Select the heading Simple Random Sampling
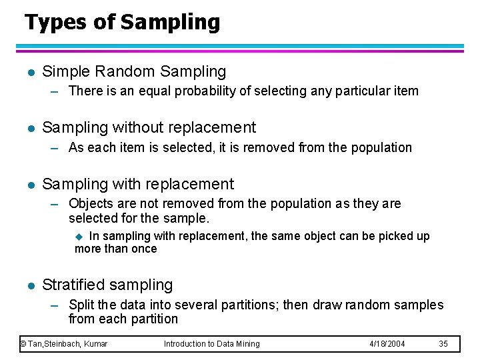(134, 71)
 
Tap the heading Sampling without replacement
(149, 127)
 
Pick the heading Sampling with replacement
(138, 184)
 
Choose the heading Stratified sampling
(107, 285)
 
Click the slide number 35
(444, 344)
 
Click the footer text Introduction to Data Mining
(212, 344)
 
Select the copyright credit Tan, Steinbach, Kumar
(64, 344)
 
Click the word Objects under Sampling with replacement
(91, 203)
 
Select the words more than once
(116, 249)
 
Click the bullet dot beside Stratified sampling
(27, 285)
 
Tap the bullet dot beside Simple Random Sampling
(27, 72)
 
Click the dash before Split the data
(57, 305)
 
